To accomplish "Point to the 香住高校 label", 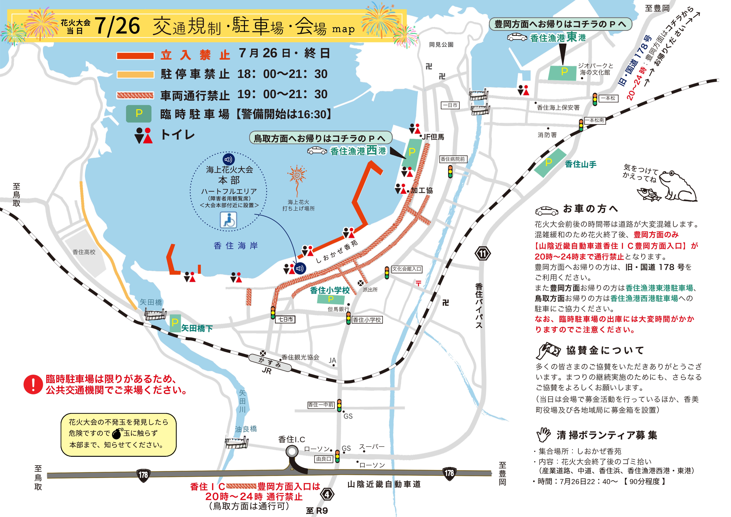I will (84, 252).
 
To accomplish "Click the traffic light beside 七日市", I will (273, 313).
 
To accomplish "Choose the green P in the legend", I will (139, 113).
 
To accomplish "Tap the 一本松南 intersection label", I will (594, 120).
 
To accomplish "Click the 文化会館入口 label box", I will (407, 269).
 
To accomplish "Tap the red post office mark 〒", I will (418, 283).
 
